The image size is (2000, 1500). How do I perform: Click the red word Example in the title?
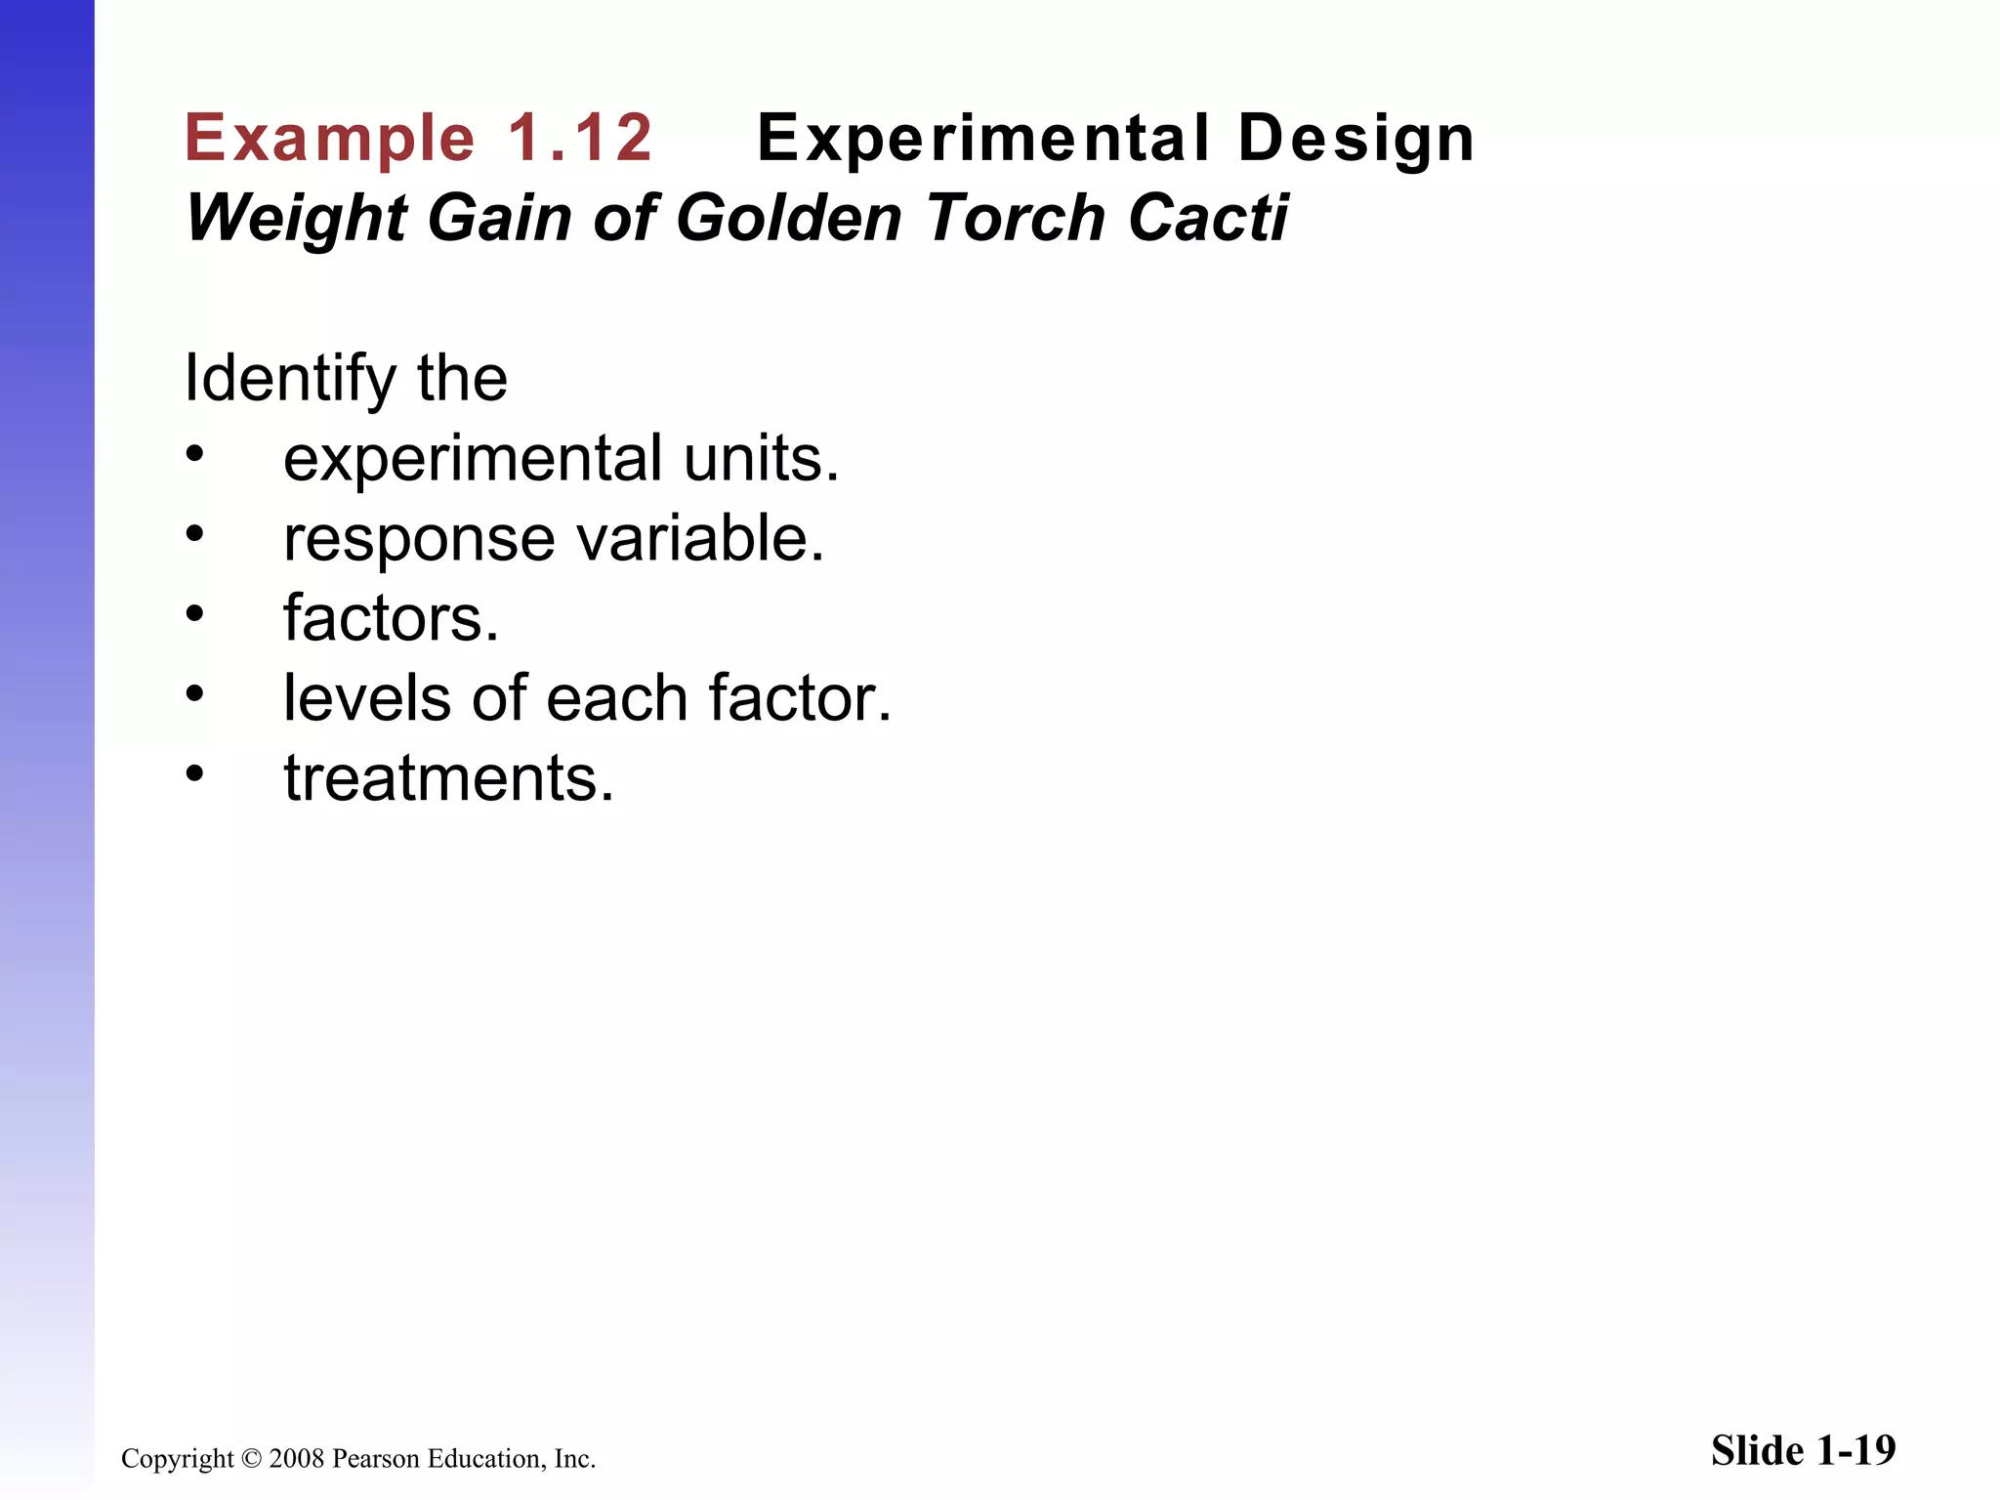click(329, 138)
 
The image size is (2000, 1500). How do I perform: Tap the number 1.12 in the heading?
click(580, 138)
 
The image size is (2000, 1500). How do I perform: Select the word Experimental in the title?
click(983, 138)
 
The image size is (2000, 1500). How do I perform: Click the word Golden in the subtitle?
click(789, 218)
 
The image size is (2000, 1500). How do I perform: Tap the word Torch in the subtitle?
click(1016, 218)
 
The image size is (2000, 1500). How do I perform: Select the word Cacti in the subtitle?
click(1208, 218)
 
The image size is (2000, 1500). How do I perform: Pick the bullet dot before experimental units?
click(195, 453)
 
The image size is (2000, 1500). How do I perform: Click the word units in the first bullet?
click(761, 459)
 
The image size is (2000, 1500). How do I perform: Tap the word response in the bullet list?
click(419, 540)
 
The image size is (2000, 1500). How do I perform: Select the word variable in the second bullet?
click(699, 538)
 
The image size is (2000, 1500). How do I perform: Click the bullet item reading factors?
click(391, 618)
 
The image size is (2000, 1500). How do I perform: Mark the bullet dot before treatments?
click(195, 773)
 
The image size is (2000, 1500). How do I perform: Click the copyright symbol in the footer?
click(251, 1459)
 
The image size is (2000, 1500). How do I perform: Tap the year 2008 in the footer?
click(297, 1459)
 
